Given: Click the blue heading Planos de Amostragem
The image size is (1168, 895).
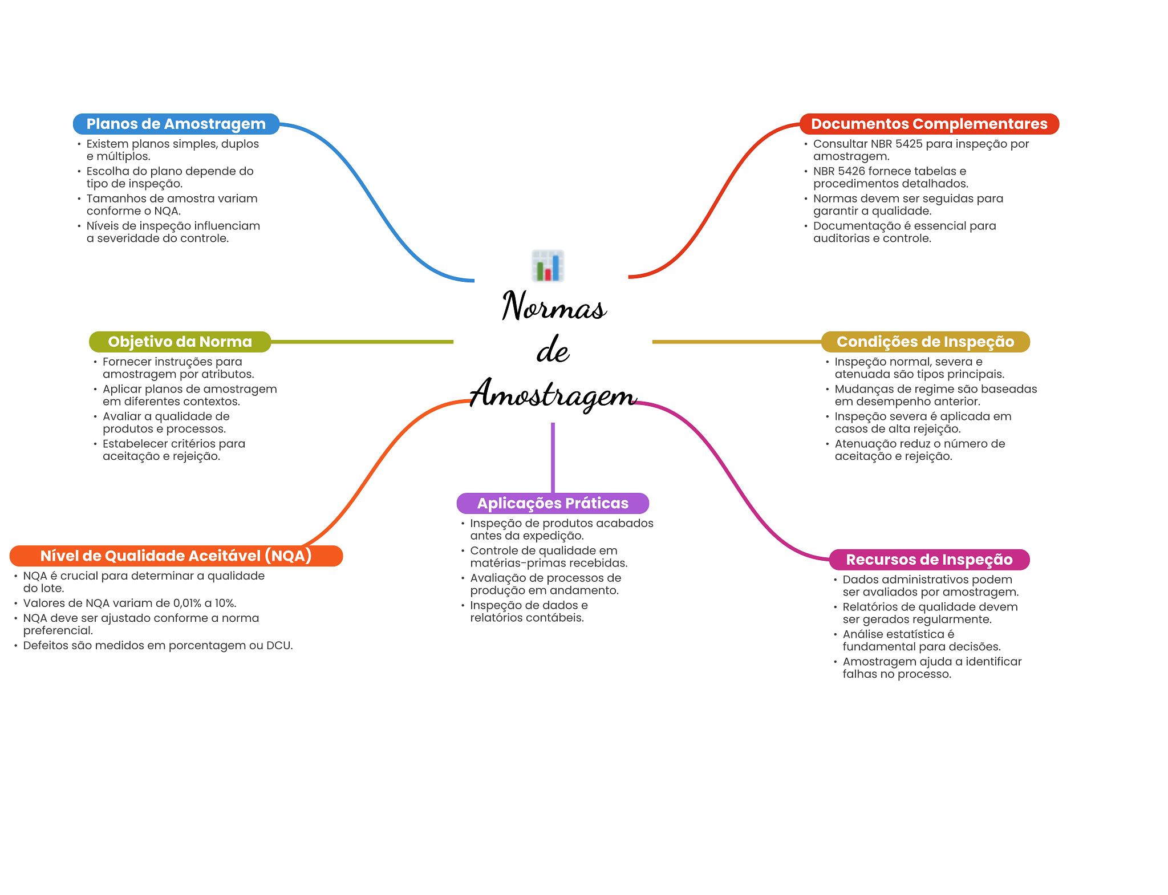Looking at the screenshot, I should (x=176, y=124).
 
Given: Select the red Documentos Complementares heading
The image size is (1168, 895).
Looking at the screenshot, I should (x=928, y=124).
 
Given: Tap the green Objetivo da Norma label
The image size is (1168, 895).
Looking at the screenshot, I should (x=180, y=342).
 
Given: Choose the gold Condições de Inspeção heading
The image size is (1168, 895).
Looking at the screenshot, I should (x=925, y=342).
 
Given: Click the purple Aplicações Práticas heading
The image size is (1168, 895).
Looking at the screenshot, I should (x=553, y=503).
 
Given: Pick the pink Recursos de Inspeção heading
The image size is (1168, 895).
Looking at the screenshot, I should (x=929, y=560).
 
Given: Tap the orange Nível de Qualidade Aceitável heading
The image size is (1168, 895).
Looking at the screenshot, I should (x=176, y=556).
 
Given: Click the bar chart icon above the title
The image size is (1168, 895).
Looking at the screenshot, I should (x=548, y=266).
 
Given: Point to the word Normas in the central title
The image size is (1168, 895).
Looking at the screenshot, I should (x=554, y=306).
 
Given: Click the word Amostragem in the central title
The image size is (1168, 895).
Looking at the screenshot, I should (x=553, y=394).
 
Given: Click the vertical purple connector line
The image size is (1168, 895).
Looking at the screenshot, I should (x=553, y=456).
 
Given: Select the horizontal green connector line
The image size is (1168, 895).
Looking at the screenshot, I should (x=362, y=342).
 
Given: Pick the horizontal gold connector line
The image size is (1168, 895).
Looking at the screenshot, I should (x=736, y=342).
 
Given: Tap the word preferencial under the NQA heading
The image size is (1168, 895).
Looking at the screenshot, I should (x=58, y=630).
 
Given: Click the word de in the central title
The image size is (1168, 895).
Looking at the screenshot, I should (x=553, y=350).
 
